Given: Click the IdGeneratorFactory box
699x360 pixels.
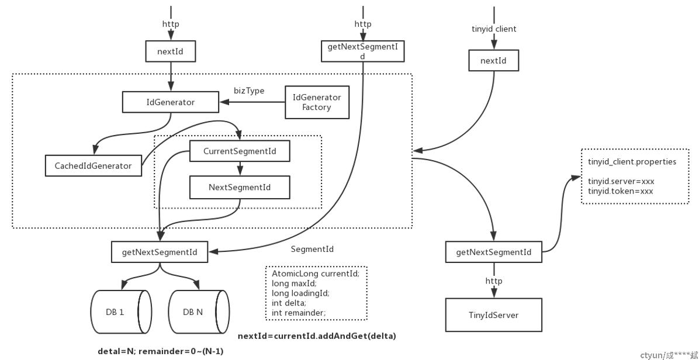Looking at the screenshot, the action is pyautogui.click(x=317, y=102).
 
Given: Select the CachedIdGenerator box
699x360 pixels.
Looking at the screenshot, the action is pyautogui.click(x=94, y=166).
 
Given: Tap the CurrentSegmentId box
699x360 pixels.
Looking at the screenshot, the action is pyautogui.click(x=240, y=151).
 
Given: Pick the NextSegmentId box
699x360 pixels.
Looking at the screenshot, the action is pyautogui.click(x=240, y=187).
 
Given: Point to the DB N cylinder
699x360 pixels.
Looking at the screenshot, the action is pyautogui.click(x=198, y=312).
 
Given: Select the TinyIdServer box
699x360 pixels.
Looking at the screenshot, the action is pyautogui.click(x=494, y=315).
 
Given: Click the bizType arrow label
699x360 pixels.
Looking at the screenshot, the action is pyautogui.click(x=249, y=91).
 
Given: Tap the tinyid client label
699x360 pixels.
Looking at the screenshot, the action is pyautogui.click(x=494, y=29).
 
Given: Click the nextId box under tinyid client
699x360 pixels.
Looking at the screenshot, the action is pyautogui.click(x=494, y=61).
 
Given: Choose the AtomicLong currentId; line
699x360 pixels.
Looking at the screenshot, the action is pyautogui.click(x=315, y=274).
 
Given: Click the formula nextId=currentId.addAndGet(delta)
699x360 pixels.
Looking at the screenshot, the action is pyautogui.click(x=317, y=336).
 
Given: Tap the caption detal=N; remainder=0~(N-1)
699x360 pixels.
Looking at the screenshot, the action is pyautogui.click(x=161, y=351).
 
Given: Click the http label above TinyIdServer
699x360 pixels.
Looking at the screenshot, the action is pyautogui.click(x=494, y=281).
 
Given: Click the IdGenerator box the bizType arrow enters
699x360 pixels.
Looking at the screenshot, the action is pyautogui.click(x=171, y=102).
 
